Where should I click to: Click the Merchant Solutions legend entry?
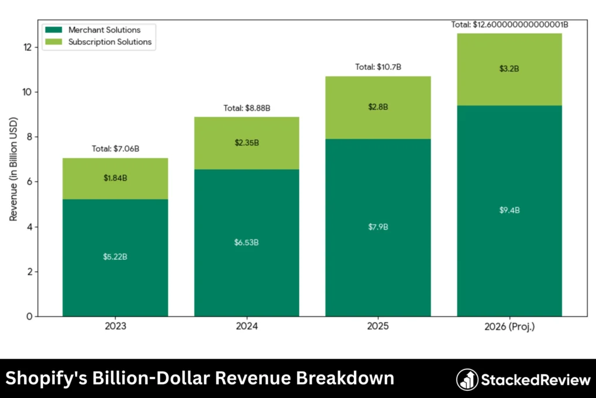click(104, 30)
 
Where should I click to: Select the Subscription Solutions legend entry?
click(109, 42)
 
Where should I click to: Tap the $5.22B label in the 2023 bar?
click(115, 257)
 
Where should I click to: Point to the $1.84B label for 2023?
click(115, 178)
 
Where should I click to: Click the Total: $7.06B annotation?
click(115, 149)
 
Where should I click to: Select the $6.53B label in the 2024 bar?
click(247, 242)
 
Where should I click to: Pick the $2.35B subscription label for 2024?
click(247, 143)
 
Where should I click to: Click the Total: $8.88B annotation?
click(247, 108)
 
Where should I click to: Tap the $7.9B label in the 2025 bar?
click(378, 227)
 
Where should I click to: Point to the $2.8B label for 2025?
click(378, 107)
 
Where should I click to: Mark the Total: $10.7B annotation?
click(378, 68)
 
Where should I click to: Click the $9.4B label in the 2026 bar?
click(509, 210)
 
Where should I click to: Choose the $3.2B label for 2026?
click(509, 69)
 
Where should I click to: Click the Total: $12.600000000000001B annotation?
click(509, 24)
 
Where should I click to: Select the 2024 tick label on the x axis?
click(247, 327)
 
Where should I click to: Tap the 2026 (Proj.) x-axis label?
click(509, 327)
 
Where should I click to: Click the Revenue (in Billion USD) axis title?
click(13, 169)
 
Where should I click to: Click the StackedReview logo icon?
click(467, 380)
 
